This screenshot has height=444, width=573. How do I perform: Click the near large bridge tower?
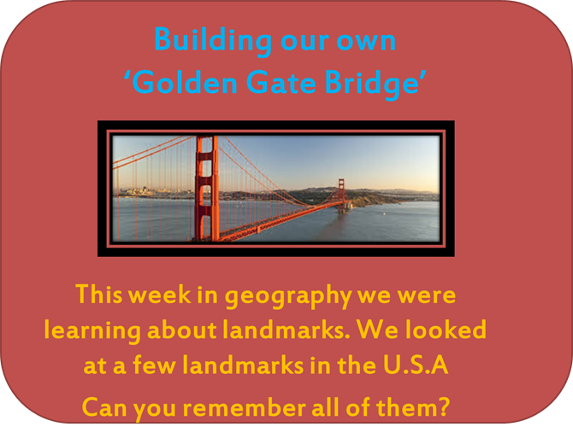tap(206, 188)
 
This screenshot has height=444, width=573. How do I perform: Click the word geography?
tap(288, 296)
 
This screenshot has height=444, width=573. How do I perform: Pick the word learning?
tap(92, 331)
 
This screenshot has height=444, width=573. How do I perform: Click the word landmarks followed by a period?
tap(286, 329)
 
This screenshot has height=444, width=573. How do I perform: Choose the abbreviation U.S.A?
tap(416, 365)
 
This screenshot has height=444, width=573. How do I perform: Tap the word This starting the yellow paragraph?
tap(98, 294)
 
